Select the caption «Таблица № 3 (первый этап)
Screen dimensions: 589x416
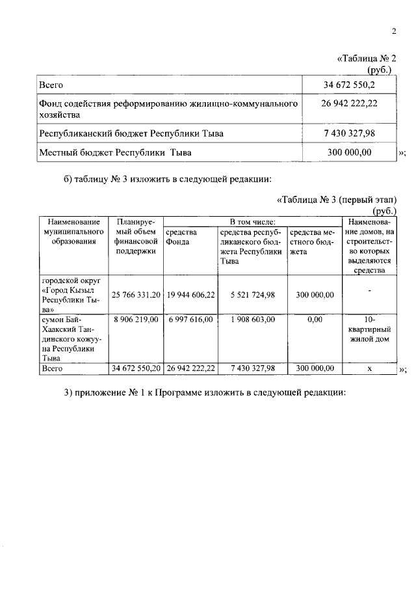336,200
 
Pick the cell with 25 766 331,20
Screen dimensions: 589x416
135,295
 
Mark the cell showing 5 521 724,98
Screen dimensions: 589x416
252,295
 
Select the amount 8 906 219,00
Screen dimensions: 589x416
135,320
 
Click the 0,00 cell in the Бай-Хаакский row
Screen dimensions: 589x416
315,320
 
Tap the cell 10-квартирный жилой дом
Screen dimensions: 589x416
369,329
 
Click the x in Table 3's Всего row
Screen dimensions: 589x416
369,368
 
